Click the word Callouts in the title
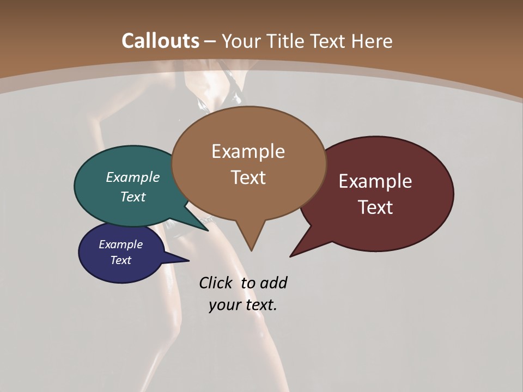pyautogui.click(x=160, y=41)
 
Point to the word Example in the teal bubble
pyautogui.click(x=133, y=177)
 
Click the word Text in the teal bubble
pyautogui.click(x=133, y=197)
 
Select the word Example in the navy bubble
pyautogui.click(x=121, y=244)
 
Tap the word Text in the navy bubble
pyautogui.click(x=121, y=260)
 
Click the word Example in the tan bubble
pyautogui.click(x=248, y=151)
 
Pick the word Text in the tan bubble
pyautogui.click(x=248, y=177)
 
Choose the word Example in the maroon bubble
pyautogui.click(x=375, y=181)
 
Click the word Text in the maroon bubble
pyautogui.click(x=375, y=207)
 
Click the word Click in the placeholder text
pyautogui.click(x=215, y=283)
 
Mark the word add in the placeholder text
pyautogui.click(x=273, y=283)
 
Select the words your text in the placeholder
pyautogui.click(x=243, y=305)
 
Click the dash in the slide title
pyautogui.click(x=210, y=41)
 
